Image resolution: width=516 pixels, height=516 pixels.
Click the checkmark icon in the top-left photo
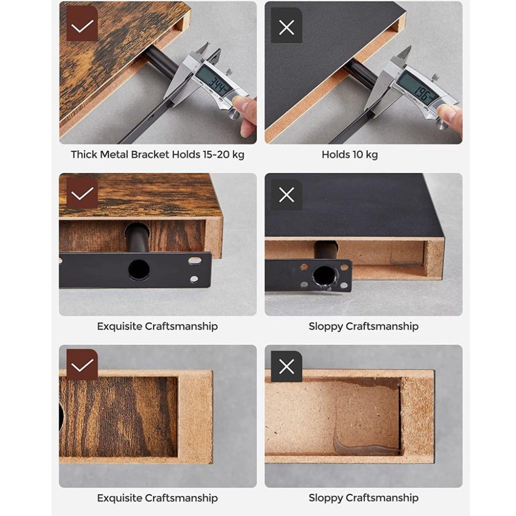click(82, 26)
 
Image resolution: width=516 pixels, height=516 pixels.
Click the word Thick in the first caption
click(84, 154)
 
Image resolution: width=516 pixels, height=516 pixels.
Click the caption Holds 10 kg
click(349, 154)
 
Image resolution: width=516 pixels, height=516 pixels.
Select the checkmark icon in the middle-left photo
click(82, 194)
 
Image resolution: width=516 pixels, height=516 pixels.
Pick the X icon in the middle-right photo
click(286, 195)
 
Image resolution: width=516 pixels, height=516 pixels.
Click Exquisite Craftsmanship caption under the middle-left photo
click(157, 326)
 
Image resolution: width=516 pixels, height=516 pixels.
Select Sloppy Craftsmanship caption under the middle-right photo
click(363, 326)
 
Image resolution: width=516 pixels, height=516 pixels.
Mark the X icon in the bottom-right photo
click(286, 367)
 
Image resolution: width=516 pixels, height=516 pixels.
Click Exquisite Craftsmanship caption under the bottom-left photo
click(157, 498)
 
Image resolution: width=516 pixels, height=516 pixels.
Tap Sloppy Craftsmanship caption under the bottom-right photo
click(363, 498)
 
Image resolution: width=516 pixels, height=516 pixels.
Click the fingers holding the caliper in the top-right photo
click(451, 116)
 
